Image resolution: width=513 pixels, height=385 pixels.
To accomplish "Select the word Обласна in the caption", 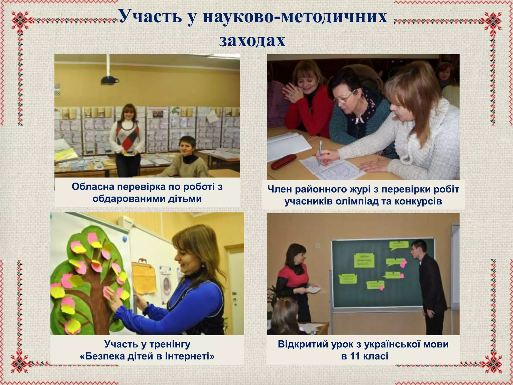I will pos(92,187).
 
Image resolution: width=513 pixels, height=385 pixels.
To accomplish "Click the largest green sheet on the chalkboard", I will pos(364,260).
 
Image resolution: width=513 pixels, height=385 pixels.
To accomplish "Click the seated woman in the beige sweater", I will pos(187,160).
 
